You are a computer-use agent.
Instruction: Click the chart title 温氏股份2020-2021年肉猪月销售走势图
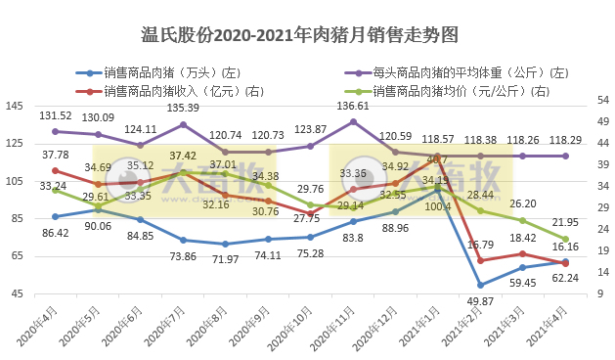307,36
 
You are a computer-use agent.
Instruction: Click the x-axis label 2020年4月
37,327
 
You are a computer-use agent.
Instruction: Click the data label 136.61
352,106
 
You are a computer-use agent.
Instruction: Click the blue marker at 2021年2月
480,285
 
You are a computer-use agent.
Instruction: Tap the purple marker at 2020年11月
353,121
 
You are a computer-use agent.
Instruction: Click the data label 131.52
55,115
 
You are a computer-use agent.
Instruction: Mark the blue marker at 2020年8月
225,244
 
